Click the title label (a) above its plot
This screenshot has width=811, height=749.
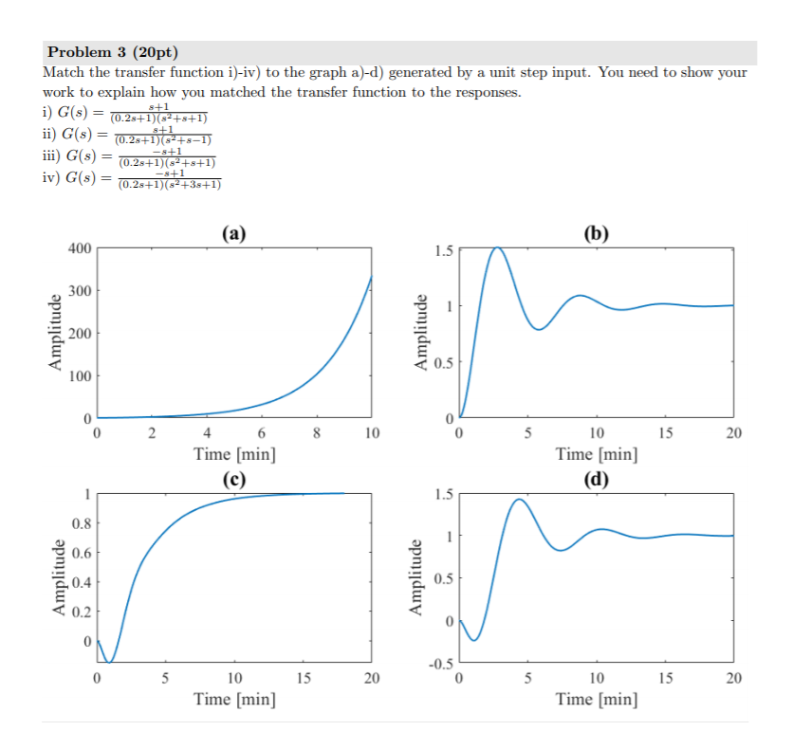[233, 233]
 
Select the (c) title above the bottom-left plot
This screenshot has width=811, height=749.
[233, 478]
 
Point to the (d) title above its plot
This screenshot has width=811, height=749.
[597, 478]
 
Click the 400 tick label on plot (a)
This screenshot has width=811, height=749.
[80, 248]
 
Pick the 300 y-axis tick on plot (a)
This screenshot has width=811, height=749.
[80, 291]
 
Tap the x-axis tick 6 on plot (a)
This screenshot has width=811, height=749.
[262, 434]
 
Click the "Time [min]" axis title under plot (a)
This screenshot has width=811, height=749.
[234, 453]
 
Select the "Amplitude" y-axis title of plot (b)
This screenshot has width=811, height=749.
[418, 332]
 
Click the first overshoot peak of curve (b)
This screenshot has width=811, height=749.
[496, 247]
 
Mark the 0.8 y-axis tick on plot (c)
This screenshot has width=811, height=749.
[82, 523]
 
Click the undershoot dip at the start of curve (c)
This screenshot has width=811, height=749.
[110, 662]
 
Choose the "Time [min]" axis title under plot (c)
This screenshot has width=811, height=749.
[234, 700]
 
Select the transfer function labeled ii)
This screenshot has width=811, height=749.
[128, 135]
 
